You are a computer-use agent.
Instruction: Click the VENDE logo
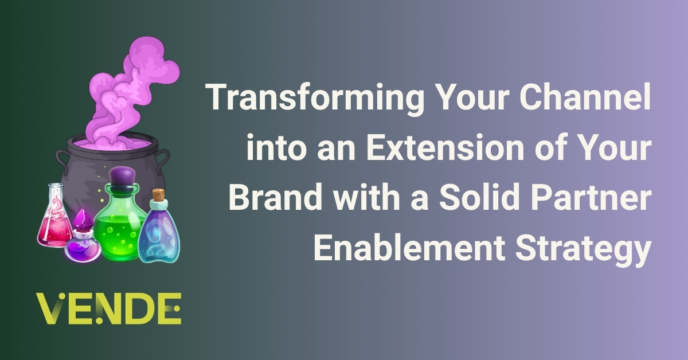[x=108, y=308]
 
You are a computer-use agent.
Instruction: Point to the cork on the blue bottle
[x=158, y=195]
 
